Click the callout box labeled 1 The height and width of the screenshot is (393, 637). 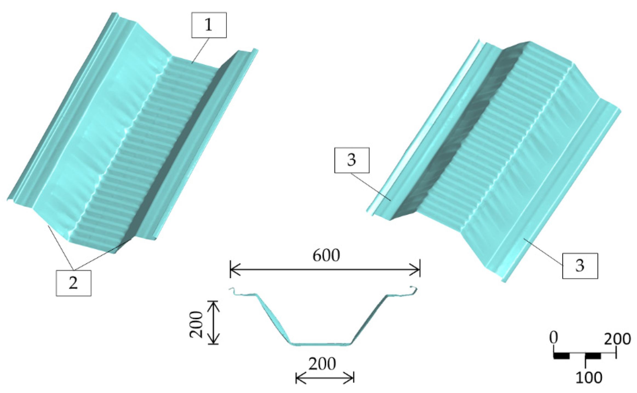click(x=208, y=25)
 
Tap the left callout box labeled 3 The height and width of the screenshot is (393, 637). click(x=352, y=160)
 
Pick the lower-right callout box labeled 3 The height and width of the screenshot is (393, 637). click(x=580, y=266)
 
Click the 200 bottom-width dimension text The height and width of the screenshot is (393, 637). click(x=322, y=364)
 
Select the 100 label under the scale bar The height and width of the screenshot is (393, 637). click(x=589, y=378)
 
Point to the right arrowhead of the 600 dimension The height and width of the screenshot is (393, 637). click(x=416, y=269)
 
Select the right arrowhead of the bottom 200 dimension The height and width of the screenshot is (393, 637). click(x=351, y=379)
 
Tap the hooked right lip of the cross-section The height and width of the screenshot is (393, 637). click(x=413, y=290)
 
